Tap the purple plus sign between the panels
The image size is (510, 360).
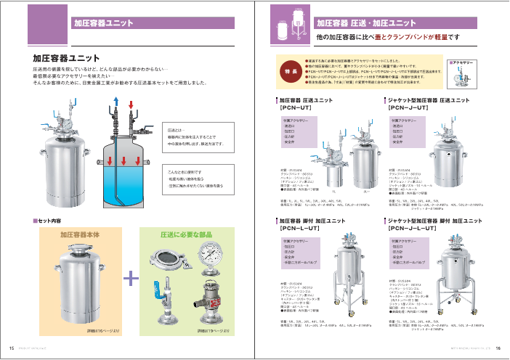point(131,279)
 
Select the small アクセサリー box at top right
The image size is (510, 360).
point(464,74)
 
